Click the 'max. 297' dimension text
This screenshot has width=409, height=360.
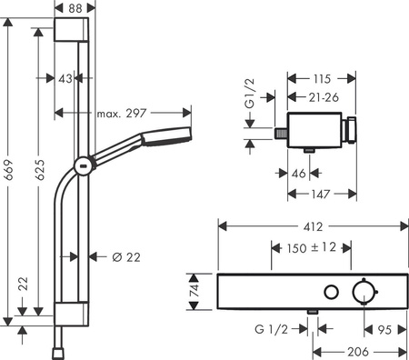[x=123, y=114]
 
